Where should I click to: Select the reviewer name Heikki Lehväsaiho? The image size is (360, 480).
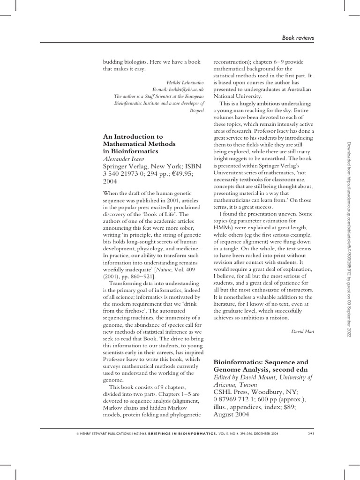(187, 82)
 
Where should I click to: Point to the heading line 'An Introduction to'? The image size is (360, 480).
(133, 137)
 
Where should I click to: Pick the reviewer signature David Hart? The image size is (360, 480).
(302, 332)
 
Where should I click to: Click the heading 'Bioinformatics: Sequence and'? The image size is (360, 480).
(261, 362)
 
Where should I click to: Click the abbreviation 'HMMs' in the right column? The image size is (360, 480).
(224, 227)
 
